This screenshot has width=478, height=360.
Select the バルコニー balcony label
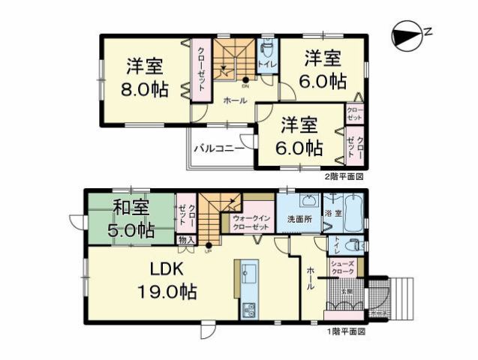click(x=218, y=148)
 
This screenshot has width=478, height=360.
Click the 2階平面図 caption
click(x=344, y=177)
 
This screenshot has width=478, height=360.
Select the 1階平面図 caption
click(x=345, y=331)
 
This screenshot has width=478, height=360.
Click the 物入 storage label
click(x=185, y=241)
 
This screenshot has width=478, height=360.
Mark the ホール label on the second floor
click(x=236, y=100)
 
